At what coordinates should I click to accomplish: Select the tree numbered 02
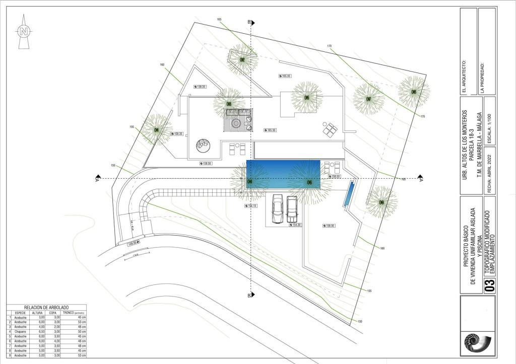coord(242,60)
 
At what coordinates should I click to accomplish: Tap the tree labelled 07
coord(368,99)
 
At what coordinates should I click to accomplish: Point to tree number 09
coord(381,202)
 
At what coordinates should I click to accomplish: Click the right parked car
coord(292,209)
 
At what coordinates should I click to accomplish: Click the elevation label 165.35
coord(285,76)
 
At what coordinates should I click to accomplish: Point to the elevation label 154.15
coord(252,206)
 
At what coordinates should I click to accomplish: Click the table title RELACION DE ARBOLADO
coord(46,307)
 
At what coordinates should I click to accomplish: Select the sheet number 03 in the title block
coord(488,286)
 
